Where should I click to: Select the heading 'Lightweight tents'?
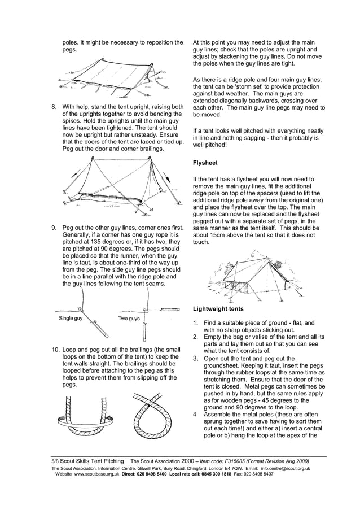pyautogui.click(x=218, y=309)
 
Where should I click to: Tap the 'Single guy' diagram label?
pyautogui.click(x=71, y=319)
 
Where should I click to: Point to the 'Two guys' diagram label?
pyautogui.click(x=129, y=319)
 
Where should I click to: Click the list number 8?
pyautogui.click(x=54, y=107)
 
